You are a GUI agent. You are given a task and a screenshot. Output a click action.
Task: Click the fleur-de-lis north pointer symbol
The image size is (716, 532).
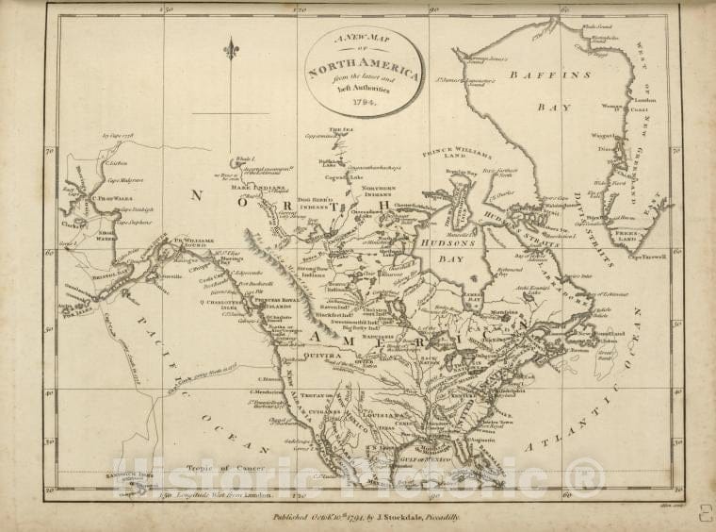click(231, 48)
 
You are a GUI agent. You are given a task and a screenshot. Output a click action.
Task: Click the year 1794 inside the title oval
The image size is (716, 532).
click(365, 102)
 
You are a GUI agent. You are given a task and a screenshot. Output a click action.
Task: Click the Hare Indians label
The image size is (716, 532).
click(252, 188)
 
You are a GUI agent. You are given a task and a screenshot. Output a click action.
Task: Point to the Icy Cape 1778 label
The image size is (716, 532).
click(119, 136)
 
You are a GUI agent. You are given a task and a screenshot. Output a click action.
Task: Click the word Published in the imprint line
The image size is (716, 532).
click(293, 518)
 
